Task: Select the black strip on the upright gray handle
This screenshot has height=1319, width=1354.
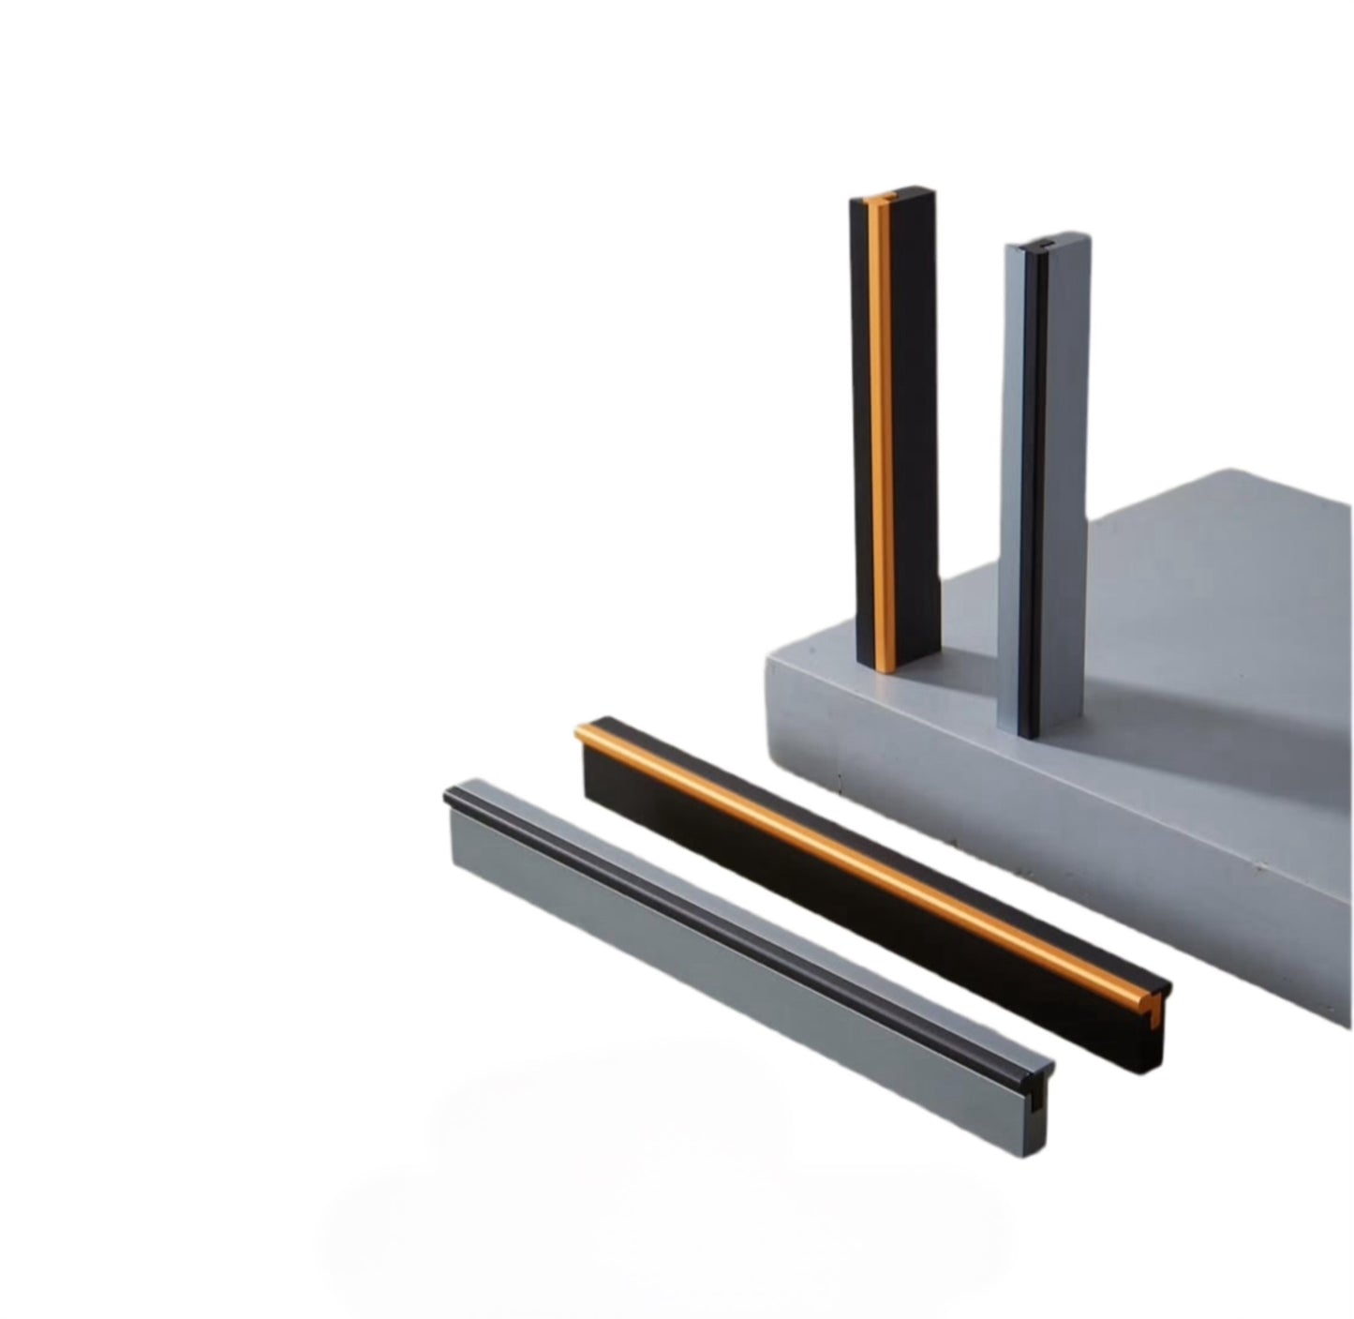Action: point(1030,487)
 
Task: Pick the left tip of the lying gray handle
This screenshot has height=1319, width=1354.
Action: point(449,797)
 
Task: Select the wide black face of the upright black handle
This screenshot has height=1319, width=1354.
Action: point(914,422)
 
